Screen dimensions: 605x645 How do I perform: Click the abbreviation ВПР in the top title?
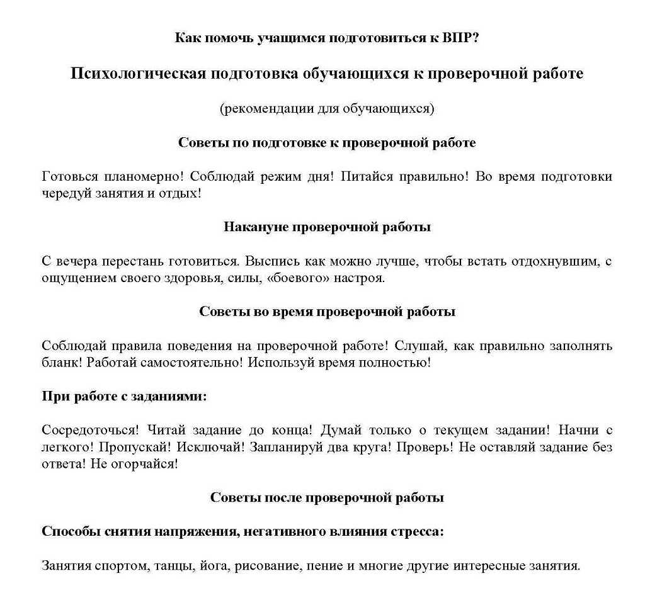(460, 37)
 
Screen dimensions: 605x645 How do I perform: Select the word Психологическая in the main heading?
(138, 74)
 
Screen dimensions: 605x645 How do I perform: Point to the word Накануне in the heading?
(256, 227)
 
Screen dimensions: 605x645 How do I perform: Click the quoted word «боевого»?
(297, 278)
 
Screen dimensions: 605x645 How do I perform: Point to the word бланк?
(61, 362)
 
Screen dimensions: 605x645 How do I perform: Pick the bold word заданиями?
(172, 397)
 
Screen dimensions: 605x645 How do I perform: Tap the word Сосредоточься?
(89, 430)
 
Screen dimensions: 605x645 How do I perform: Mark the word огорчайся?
(150, 464)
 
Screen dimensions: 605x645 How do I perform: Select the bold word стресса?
(416, 531)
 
